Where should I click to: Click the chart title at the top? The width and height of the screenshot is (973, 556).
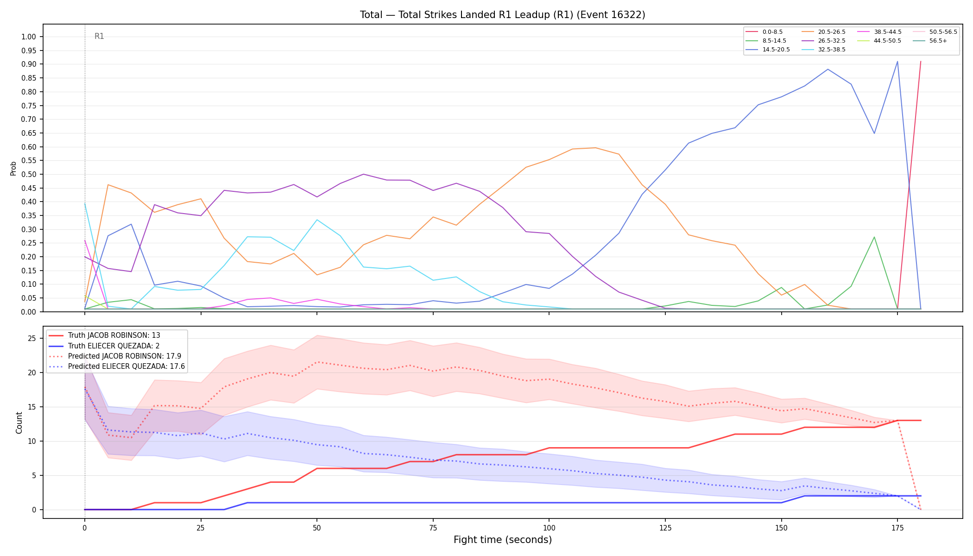coord(503,15)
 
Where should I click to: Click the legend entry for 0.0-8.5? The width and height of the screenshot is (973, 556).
coord(764,32)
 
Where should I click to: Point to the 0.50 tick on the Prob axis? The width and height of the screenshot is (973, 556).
coord(28,175)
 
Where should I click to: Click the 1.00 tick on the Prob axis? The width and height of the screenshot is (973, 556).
coord(28,37)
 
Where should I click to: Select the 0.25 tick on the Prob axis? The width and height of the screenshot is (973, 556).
coord(28,243)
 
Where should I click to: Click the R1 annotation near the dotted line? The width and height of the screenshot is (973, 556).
coord(99,36)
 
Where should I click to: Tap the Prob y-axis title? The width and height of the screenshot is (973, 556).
coord(13,168)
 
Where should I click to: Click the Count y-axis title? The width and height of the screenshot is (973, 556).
coord(19,423)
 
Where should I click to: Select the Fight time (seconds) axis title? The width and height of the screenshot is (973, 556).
coord(503,540)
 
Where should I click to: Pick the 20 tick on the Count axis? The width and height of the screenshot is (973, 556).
coord(32,373)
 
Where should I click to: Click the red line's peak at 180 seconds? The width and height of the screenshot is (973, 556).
coord(920,61)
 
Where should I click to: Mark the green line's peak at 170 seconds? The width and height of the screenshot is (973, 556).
coord(874,237)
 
